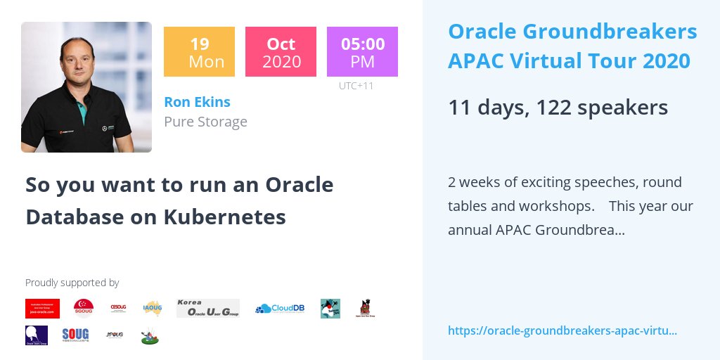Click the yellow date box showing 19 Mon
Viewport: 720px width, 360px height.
199,51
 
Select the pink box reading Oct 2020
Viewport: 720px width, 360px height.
281,51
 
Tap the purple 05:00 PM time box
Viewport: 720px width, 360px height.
362,51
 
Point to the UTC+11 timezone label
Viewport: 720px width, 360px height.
356,86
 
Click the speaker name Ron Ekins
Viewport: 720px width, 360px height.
197,101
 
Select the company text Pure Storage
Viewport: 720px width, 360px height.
205,122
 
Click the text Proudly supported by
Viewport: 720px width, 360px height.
72,283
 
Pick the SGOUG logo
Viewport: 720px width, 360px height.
84,308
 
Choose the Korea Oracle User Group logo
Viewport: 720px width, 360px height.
207,308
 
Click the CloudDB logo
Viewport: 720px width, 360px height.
280,308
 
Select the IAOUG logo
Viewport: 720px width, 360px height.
153,308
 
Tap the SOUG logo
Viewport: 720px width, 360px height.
75,335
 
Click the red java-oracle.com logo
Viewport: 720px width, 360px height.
42,308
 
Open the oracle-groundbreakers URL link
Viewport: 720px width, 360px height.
562,330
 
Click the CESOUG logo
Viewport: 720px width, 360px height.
118,308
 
